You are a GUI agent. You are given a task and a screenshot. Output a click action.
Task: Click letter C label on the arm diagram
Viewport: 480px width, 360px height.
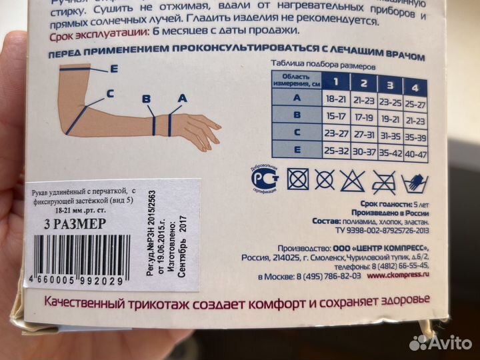[x=109, y=93]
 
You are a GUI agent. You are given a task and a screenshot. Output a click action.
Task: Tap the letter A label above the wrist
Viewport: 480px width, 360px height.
[x=181, y=97]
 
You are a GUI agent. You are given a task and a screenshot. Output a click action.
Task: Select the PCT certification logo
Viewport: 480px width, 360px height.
[x=262, y=178]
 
